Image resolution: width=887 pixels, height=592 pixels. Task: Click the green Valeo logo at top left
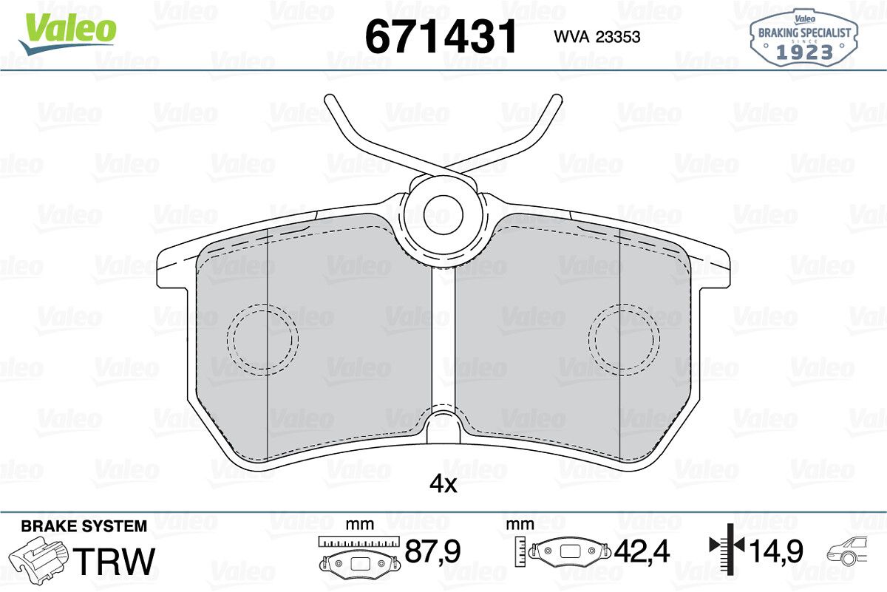[x=67, y=33]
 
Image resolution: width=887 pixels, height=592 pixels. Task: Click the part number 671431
[x=441, y=36]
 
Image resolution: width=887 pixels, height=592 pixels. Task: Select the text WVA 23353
[x=597, y=37]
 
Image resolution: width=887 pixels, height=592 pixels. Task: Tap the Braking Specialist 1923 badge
[x=804, y=38]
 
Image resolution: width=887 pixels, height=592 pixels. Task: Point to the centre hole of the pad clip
[x=443, y=214]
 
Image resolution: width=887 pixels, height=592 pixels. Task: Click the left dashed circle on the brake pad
[x=262, y=339]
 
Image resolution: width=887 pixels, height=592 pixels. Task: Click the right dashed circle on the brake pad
[x=624, y=339]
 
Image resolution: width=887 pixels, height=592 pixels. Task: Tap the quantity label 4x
[x=443, y=484]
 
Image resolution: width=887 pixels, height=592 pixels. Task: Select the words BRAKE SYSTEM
[x=84, y=526]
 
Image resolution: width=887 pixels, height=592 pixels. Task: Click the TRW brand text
[x=114, y=561]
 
